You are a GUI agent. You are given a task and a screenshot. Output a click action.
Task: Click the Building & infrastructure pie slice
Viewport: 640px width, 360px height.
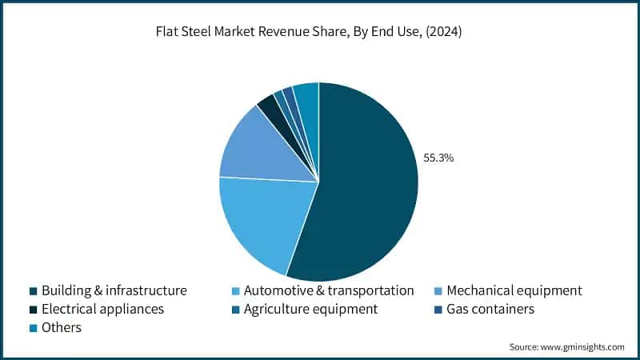(368, 184)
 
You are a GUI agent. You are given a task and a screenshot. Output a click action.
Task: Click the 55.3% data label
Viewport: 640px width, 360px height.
(438, 158)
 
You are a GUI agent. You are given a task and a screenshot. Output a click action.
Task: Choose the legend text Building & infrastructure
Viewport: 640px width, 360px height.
(114, 290)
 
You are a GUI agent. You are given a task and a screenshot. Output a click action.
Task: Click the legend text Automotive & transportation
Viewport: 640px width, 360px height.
(329, 290)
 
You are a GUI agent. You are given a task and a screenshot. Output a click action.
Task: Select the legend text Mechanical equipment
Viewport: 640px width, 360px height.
(514, 290)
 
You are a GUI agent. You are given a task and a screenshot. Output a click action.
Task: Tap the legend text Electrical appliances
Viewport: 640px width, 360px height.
(102, 309)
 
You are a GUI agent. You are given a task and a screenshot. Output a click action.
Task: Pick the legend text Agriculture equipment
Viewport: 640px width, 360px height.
(310, 309)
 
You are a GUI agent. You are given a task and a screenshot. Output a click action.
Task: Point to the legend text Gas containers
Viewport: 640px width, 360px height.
(490, 309)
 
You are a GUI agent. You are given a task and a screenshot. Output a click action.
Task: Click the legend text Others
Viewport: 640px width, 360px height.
(62, 327)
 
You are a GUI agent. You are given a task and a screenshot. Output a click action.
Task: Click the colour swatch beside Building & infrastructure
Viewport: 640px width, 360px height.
(33, 290)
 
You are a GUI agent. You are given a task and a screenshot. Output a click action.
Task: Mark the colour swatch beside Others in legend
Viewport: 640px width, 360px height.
(33, 328)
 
